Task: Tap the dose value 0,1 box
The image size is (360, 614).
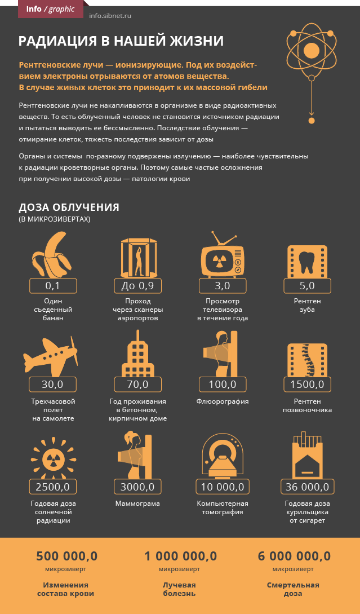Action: tap(52, 286)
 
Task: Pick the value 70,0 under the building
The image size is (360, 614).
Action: tap(137, 385)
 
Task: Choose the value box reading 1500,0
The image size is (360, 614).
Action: tap(307, 385)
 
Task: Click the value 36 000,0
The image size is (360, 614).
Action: tap(307, 487)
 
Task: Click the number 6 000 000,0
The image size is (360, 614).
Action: tap(294, 556)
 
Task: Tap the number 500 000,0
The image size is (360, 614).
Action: tap(66, 556)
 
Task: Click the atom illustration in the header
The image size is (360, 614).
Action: tap(312, 51)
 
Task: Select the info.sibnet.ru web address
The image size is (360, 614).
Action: tap(110, 16)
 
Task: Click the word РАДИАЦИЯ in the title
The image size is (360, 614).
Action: tap(55, 41)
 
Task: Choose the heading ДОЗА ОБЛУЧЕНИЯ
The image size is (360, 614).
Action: tap(69, 207)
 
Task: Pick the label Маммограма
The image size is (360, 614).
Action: tap(137, 503)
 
